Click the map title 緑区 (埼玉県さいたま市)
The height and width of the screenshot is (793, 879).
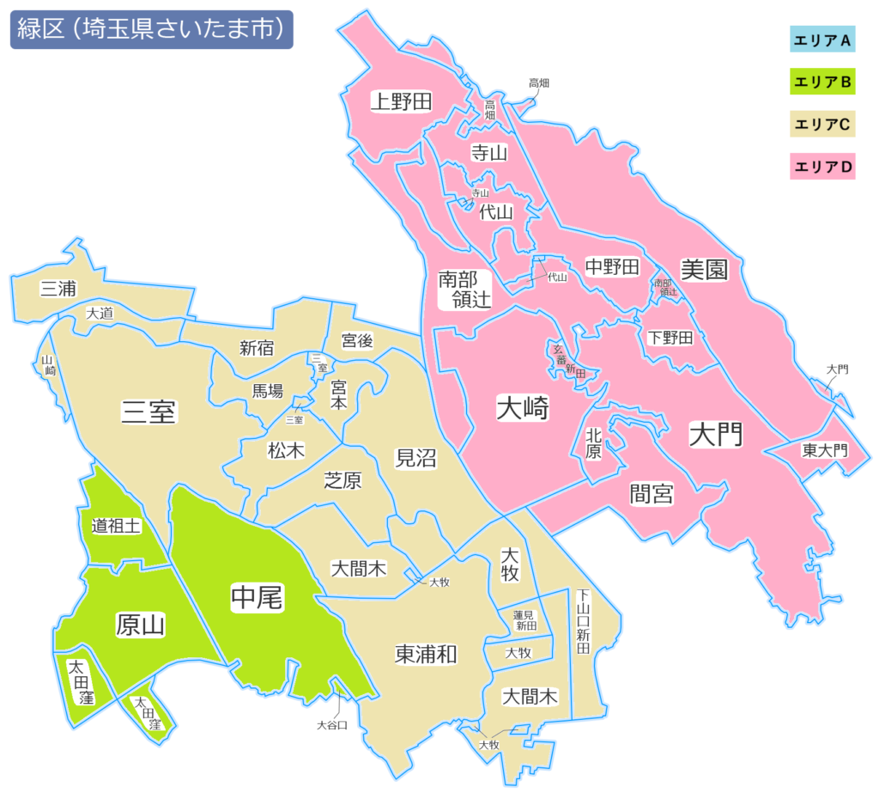pyautogui.click(x=151, y=29)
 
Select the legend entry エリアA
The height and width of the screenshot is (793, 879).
pyautogui.click(x=822, y=40)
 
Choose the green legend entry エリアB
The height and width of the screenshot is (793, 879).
pyautogui.click(x=822, y=82)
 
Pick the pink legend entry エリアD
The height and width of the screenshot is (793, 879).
pyautogui.click(x=822, y=167)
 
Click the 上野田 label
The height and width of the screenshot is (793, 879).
pyautogui.click(x=401, y=101)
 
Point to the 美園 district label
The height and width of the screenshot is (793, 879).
pyautogui.click(x=704, y=270)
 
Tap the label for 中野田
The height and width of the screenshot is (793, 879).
pyautogui.click(x=612, y=267)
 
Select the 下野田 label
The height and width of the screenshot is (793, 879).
pyautogui.click(x=670, y=338)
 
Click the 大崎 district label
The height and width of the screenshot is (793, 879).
pyautogui.click(x=523, y=409)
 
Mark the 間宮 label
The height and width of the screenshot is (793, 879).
pyautogui.click(x=651, y=493)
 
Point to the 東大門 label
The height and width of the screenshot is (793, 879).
pyautogui.click(x=824, y=450)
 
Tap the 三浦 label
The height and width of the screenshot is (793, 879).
pyautogui.click(x=58, y=289)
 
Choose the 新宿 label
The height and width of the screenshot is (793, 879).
pyautogui.click(x=257, y=348)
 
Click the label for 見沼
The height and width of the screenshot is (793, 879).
pyautogui.click(x=415, y=458)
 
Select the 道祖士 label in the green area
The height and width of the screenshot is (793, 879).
pyautogui.click(x=115, y=526)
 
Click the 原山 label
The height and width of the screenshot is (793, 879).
pyautogui.click(x=141, y=625)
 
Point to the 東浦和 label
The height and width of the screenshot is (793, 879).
pyautogui.click(x=426, y=654)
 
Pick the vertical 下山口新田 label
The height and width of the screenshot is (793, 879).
pyautogui.click(x=584, y=623)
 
